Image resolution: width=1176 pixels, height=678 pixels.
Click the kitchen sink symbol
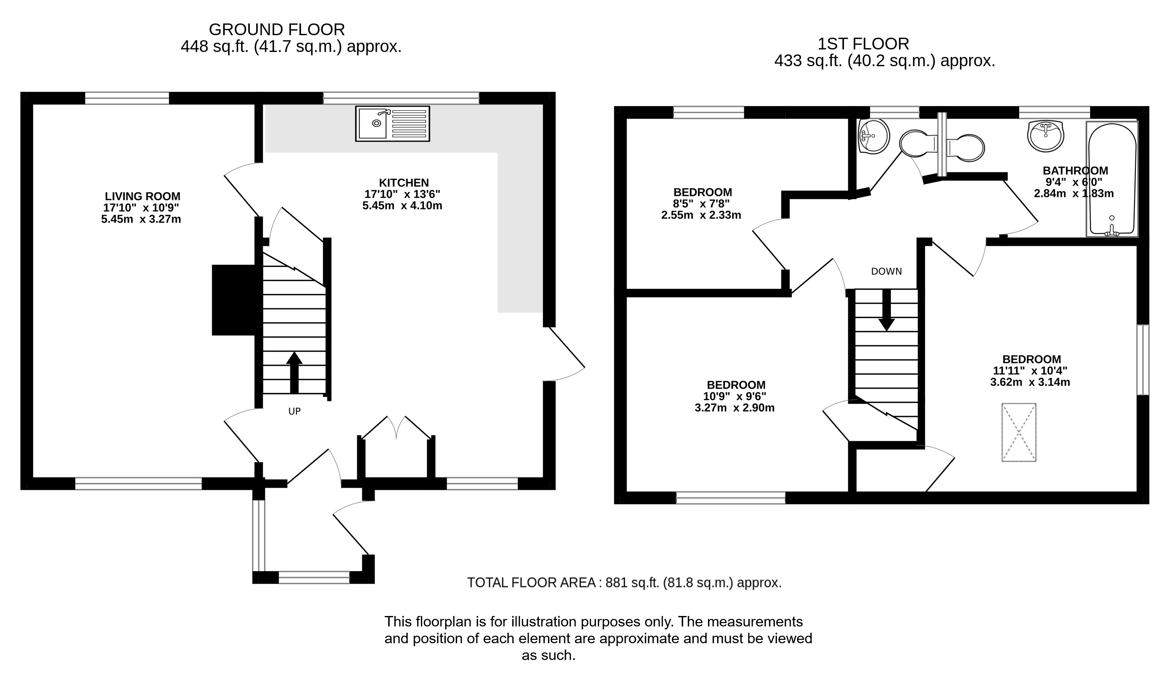click(x=392, y=123)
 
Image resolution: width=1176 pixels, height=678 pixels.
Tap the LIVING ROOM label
click(x=142, y=197)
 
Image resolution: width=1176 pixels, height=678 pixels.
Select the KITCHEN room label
click(x=403, y=183)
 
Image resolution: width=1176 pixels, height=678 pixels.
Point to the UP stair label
click(x=294, y=411)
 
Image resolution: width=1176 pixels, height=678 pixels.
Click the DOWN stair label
click(x=886, y=272)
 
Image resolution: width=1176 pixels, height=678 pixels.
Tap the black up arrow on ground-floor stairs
click(x=294, y=372)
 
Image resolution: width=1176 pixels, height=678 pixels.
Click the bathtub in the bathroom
click(x=1112, y=179)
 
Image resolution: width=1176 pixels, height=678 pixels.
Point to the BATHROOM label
click(x=1075, y=171)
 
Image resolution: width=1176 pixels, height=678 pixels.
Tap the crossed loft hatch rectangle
click(x=1019, y=432)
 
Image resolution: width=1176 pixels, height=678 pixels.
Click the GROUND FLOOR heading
click(x=277, y=30)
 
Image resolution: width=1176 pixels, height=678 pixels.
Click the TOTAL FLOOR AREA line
click(x=624, y=582)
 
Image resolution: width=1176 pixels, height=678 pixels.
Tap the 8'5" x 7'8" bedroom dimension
click(x=701, y=204)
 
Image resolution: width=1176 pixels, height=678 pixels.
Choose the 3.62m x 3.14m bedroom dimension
click(x=1030, y=382)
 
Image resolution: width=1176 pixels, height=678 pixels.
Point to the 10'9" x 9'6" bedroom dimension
click(x=735, y=396)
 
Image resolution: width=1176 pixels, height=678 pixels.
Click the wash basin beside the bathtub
click(x=1046, y=135)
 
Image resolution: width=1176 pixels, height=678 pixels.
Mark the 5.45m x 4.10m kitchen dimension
click(x=402, y=205)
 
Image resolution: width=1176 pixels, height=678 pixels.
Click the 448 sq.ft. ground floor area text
click(x=291, y=47)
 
